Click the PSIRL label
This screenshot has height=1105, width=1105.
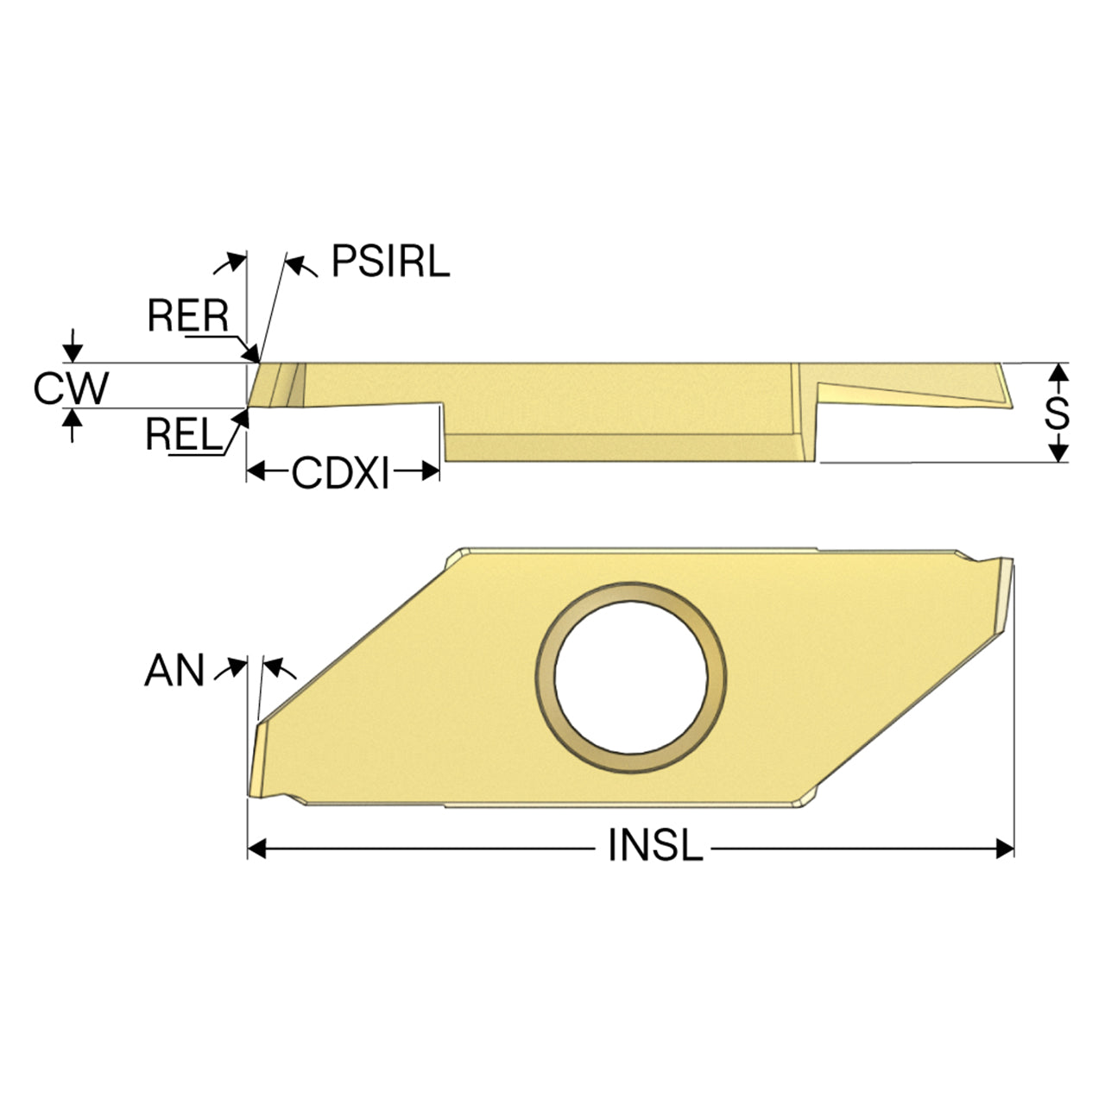(x=390, y=261)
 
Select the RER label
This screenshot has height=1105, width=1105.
(x=187, y=315)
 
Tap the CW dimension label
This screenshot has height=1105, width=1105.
(x=71, y=388)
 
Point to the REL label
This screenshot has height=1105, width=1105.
(x=184, y=434)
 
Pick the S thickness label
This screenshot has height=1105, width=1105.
(x=1057, y=413)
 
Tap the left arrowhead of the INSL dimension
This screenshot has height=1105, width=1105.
(x=257, y=849)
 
